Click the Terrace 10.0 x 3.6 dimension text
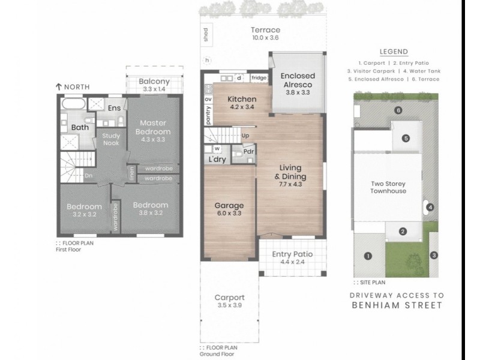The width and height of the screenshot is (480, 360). pyautogui.click(x=265, y=38)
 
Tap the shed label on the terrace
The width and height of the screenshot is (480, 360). pyautogui.click(x=206, y=35)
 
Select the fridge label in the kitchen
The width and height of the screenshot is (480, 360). pyautogui.click(x=259, y=78)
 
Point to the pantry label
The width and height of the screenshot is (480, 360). pyautogui.click(x=208, y=115)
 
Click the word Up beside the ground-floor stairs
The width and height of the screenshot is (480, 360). pyautogui.click(x=245, y=136)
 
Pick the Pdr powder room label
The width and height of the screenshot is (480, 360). pyautogui.click(x=248, y=152)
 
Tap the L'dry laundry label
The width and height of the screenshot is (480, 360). pyautogui.click(x=217, y=159)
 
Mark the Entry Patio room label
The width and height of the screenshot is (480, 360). pyautogui.click(x=292, y=254)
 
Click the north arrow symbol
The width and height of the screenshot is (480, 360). pyautogui.click(x=59, y=87)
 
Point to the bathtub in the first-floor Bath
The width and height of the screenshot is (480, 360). pyautogui.click(x=73, y=104)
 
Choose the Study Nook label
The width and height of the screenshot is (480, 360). pyautogui.click(x=111, y=139)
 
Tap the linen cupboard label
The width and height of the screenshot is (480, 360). pyautogui.click(x=131, y=173)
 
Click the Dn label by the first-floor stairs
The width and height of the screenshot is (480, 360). pyautogui.click(x=88, y=176)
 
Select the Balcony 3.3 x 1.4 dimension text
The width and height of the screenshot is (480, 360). pyautogui.click(x=154, y=89)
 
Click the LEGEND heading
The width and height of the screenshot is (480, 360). pyautogui.click(x=394, y=52)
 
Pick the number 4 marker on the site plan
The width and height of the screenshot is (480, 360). pyautogui.click(x=430, y=208)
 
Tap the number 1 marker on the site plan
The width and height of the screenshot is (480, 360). pyautogui.click(x=368, y=256)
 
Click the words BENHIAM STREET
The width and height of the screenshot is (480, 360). pyautogui.click(x=397, y=305)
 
